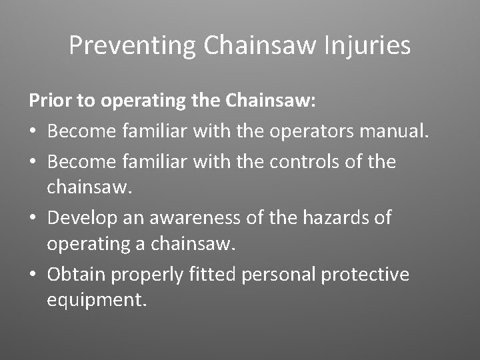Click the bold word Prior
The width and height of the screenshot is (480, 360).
[x=49, y=101]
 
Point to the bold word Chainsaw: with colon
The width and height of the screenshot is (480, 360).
[x=271, y=101]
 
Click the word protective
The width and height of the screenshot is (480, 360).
[x=365, y=275]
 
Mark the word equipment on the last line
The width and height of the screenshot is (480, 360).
[x=95, y=301]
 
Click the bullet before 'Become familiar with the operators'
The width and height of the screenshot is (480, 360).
[x=33, y=132]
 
